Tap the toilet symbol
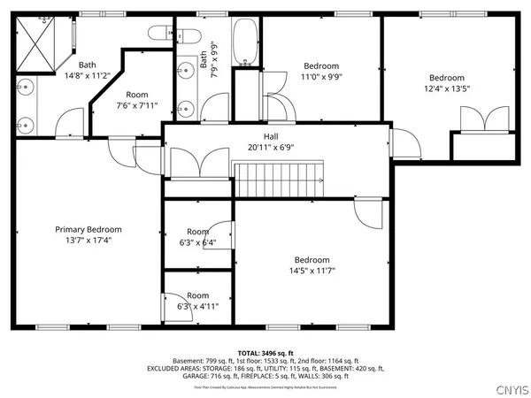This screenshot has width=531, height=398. point(163,34)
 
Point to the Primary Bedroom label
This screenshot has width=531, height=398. point(88,229)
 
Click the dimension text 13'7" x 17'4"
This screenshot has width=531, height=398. point(88,240)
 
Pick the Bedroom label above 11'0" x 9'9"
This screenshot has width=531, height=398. point(321,66)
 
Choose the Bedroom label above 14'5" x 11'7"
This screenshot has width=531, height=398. point(312,259)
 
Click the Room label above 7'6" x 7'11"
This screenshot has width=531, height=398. point(137,95)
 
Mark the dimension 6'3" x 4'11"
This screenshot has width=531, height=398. point(197,306)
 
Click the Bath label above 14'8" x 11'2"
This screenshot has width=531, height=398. point(87,65)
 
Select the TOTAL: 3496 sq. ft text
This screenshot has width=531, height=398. point(265,352)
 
